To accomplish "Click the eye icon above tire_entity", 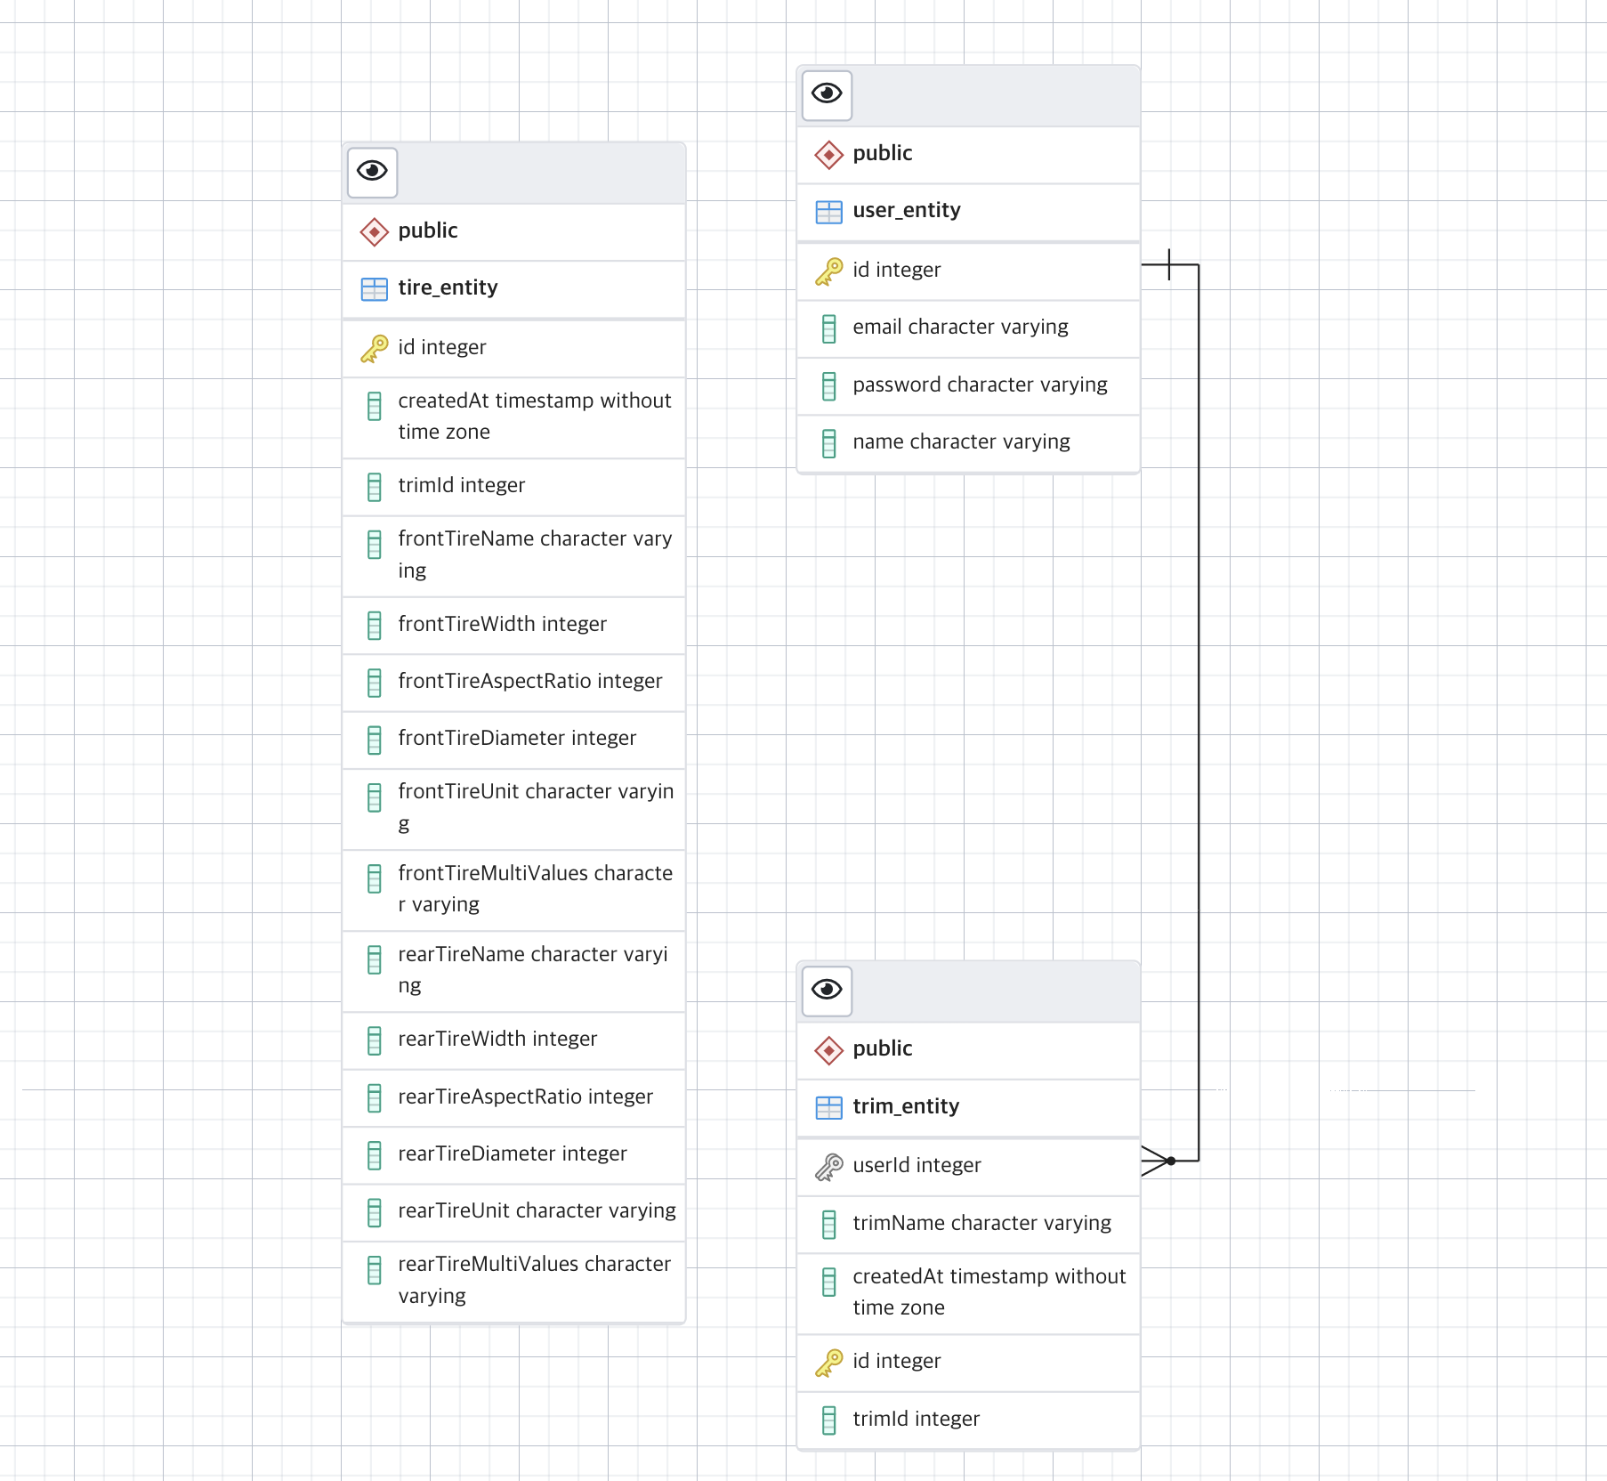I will pos(372,171).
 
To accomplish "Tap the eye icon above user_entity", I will pos(827,94).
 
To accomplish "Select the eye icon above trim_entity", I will pos(827,990).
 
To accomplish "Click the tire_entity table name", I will pos(448,287).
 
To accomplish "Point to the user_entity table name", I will pos(906,210).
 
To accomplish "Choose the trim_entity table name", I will pos(906,1106).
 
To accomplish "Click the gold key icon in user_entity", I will pos(828,271).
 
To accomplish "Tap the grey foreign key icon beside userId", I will pos(828,1166).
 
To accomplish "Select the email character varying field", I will pos(960,328).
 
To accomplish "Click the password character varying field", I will pos(980,384).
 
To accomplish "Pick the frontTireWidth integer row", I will pos(502,624).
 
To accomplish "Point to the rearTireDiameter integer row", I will pos(513,1153).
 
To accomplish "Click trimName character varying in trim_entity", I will pos(981,1223).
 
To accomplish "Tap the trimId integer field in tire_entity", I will pos(461,485).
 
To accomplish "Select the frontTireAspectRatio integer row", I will pos(529,681).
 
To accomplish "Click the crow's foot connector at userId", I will pos(1158,1161).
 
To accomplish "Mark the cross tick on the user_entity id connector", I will pos(1169,264).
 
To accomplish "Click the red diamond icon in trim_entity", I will pos(828,1049).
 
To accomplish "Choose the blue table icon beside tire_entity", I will pos(374,288).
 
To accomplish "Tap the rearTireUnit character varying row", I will pos(537,1210).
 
